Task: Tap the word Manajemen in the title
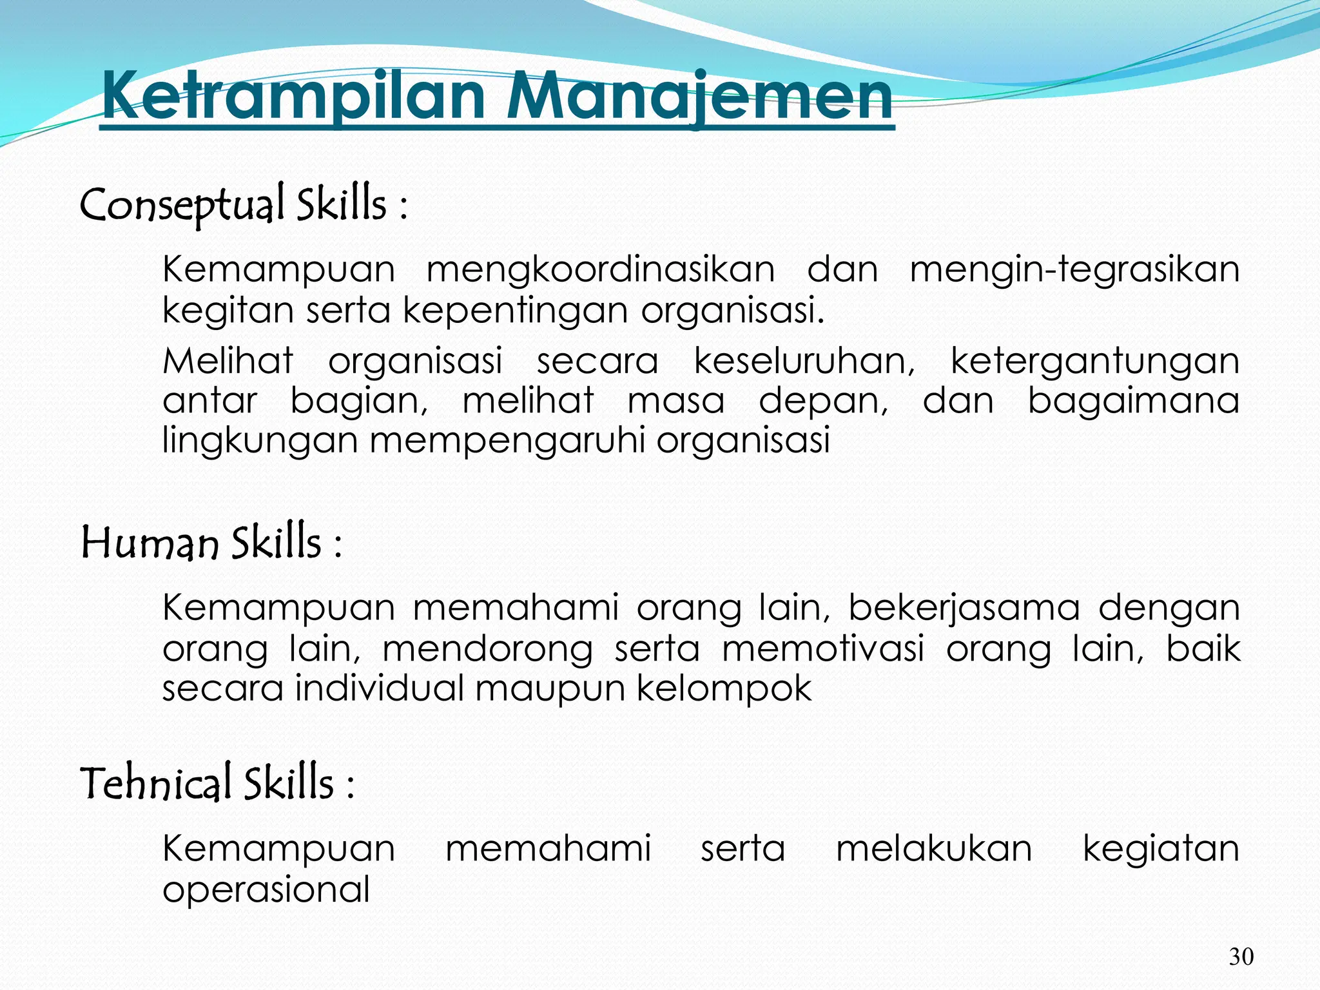tap(700, 97)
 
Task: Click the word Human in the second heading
tap(150, 543)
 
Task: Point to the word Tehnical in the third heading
tap(155, 783)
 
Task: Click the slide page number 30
tap(1241, 956)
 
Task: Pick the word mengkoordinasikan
tap(601, 269)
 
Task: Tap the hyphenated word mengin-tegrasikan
tap(1074, 269)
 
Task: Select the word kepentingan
tap(516, 311)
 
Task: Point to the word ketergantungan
tap(1094, 360)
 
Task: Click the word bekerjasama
tap(964, 608)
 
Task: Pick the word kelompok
tap(724, 688)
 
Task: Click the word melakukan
tap(934, 848)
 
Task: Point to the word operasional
tap(266, 889)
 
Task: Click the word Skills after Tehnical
tap(280, 783)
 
